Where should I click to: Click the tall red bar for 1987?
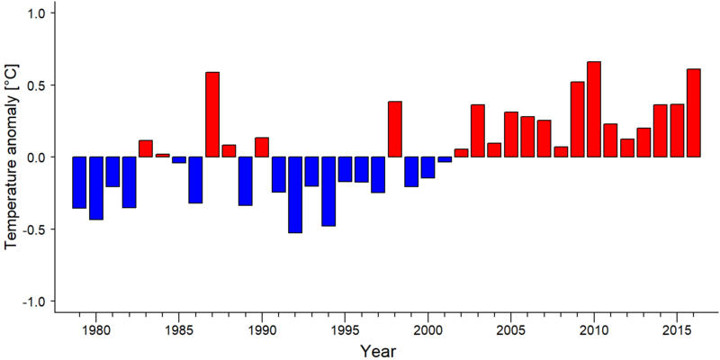212,114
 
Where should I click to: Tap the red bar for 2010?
594,109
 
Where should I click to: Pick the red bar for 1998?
395,129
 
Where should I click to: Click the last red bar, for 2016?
693,113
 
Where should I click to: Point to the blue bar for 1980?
96,188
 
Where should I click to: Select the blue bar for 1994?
328,192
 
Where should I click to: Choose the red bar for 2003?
478,130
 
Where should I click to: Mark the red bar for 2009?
577,120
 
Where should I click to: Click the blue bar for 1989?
245,181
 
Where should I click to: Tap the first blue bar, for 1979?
79,183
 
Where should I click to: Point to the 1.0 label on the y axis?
36,13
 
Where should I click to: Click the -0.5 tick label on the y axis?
33,229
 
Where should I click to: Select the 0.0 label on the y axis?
36,157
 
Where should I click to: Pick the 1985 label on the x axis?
178,330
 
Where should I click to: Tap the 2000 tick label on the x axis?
428,330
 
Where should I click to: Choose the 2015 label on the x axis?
677,330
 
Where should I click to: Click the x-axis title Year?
377,351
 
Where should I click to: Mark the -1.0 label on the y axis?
33,301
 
